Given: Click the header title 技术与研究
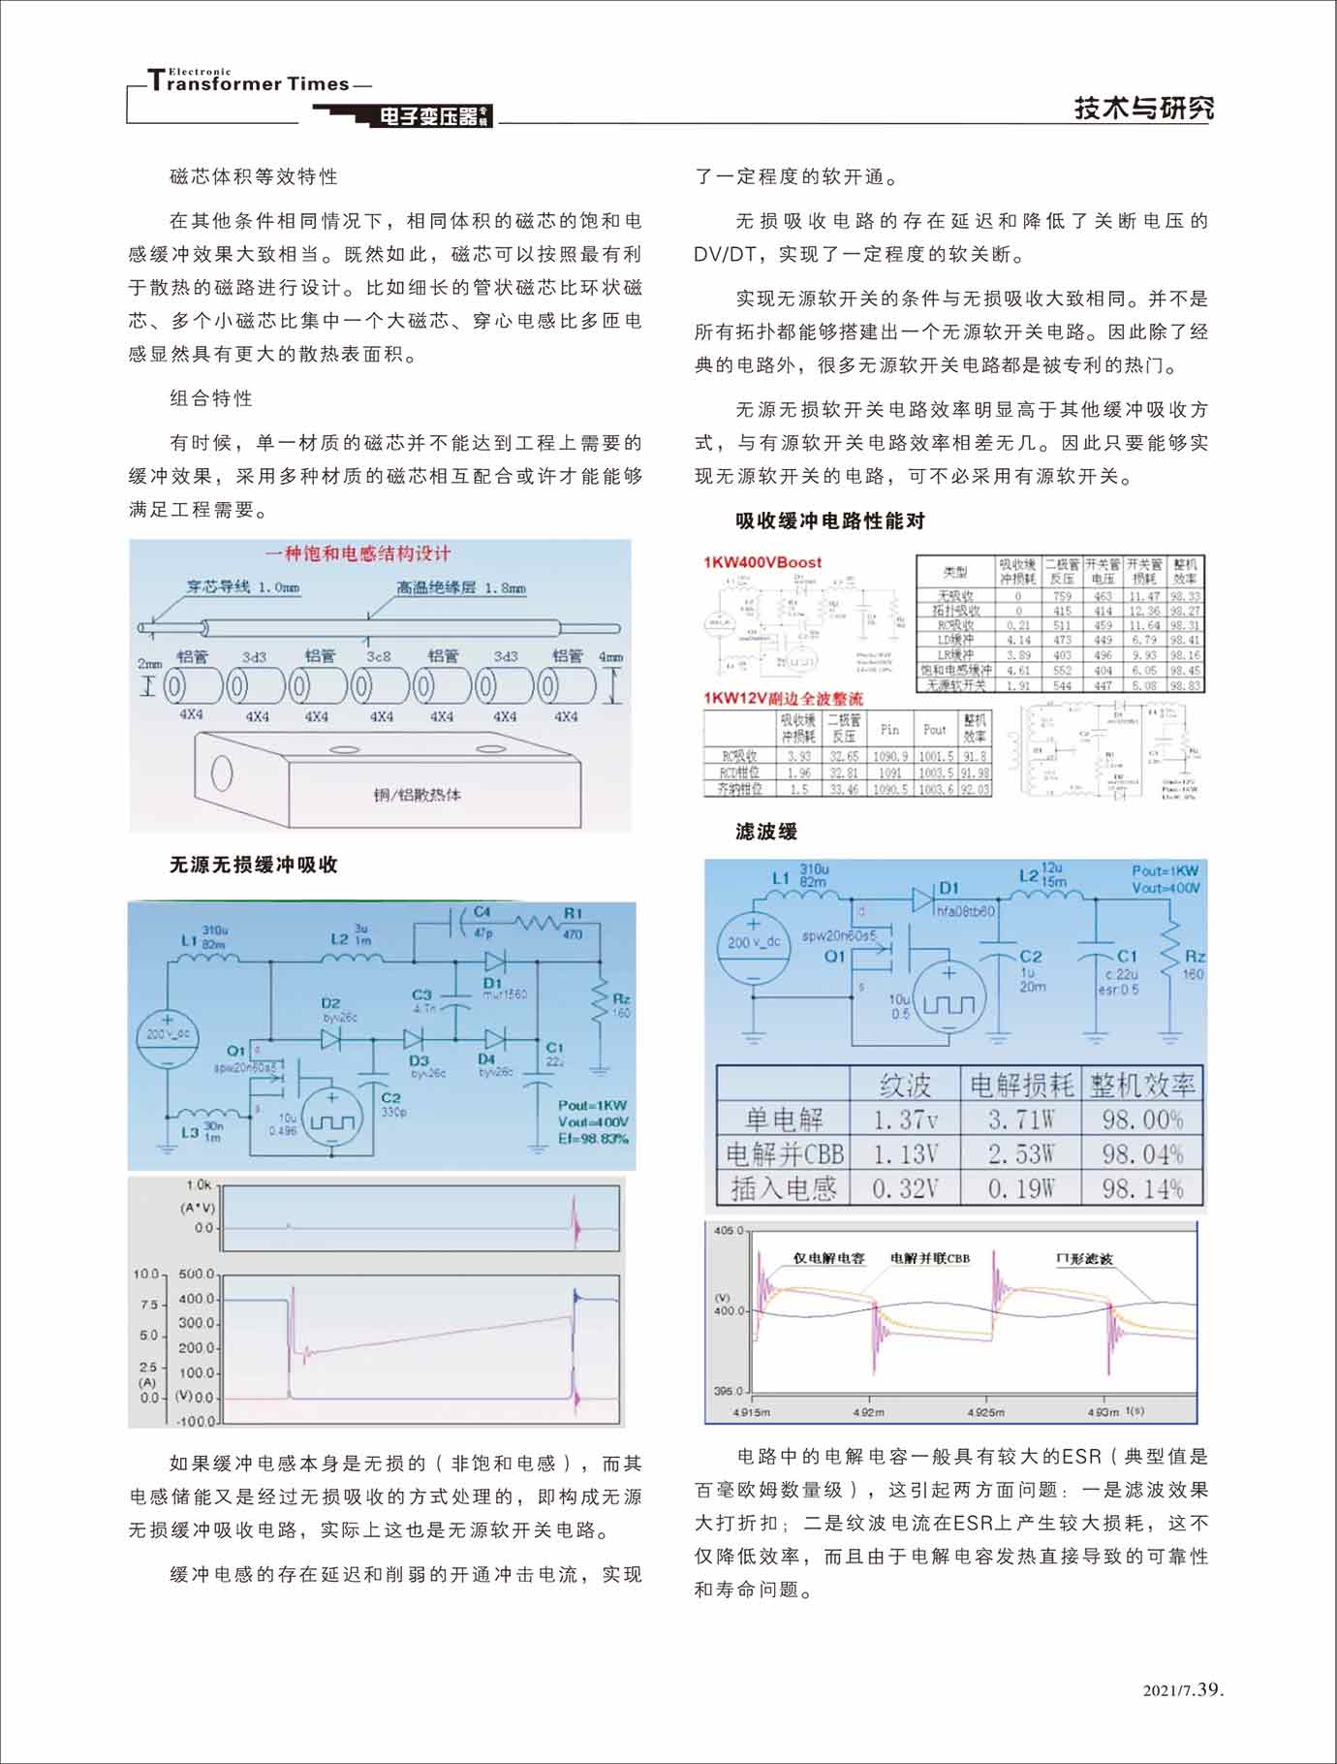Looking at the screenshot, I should click(x=1143, y=109).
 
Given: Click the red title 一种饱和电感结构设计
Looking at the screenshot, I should click(x=358, y=553).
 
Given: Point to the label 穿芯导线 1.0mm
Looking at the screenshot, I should click(x=243, y=586).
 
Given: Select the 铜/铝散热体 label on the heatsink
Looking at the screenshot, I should click(x=419, y=795).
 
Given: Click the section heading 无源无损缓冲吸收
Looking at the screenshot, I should click(x=254, y=865).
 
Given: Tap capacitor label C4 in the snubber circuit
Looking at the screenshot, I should click(x=482, y=912).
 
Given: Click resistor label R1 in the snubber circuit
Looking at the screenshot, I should click(x=574, y=913).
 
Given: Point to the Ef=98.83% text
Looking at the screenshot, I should click(x=593, y=1138).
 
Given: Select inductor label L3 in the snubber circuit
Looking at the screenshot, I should click(x=190, y=1131).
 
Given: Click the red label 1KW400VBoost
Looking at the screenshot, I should click(x=762, y=562).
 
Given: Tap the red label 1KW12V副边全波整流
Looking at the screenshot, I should click(x=783, y=698).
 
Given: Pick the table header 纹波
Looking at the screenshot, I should click(x=904, y=1085).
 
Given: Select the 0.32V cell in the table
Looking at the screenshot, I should click(x=905, y=1188).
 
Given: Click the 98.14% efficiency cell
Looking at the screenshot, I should click(x=1142, y=1188).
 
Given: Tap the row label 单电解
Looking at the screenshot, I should click(x=783, y=1119).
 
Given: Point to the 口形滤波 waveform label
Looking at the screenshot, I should click(x=1084, y=1258).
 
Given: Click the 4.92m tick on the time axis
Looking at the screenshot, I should click(x=868, y=1412).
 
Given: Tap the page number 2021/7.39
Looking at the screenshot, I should click(x=1184, y=1690).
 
